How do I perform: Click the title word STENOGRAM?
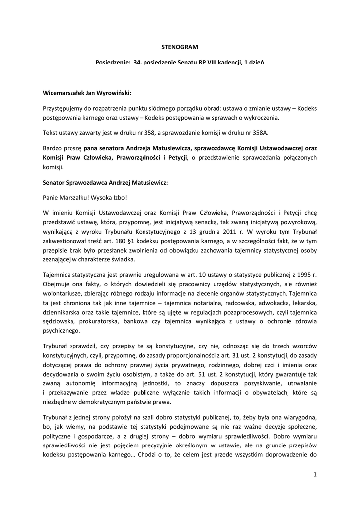[x=180, y=47]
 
